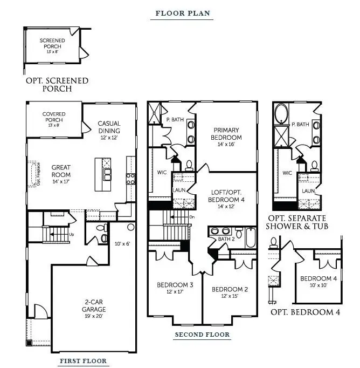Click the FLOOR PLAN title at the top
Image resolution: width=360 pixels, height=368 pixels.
(183, 13)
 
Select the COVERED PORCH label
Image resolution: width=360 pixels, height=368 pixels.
(54, 117)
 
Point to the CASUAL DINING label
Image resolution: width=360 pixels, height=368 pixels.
(109, 127)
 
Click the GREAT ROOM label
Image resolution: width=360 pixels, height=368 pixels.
(61, 171)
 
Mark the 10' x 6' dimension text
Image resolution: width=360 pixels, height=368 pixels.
(123, 244)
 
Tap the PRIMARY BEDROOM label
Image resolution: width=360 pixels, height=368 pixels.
(226, 133)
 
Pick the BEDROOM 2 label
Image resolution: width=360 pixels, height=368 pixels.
(230, 289)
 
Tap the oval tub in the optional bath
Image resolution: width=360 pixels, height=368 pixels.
(281, 114)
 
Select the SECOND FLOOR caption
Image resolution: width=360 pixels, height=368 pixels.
(202, 335)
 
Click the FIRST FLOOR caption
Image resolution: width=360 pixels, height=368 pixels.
(82, 361)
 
